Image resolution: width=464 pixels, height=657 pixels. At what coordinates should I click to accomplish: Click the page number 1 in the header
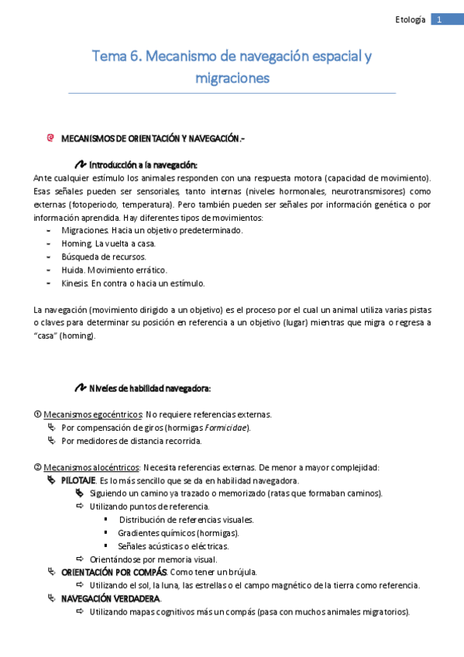point(439,19)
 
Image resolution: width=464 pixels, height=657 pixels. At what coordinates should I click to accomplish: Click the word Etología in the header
point(411,19)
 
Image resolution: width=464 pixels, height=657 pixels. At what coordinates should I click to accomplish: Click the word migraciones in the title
point(232,78)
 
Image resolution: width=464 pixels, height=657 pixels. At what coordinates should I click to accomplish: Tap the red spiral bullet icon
point(50,138)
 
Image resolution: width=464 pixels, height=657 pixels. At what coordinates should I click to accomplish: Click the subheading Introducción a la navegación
point(143,165)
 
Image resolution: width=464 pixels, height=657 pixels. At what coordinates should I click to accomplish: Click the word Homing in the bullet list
point(77,243)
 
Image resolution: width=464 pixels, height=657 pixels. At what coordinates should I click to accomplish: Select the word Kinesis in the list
point(76,283)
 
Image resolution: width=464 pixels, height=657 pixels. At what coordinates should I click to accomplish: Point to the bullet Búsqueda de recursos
point(103,256)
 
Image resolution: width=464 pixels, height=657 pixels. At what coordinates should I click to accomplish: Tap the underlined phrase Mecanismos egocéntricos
point(92,414)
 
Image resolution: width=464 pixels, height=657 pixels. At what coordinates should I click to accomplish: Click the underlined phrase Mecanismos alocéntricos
point(91,467)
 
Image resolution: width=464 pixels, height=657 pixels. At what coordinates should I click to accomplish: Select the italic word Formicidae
point(227,428)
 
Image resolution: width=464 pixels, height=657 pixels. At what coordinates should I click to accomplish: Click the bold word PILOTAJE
point(79,480)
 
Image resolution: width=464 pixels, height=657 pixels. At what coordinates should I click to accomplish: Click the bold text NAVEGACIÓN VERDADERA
point(111,599)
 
